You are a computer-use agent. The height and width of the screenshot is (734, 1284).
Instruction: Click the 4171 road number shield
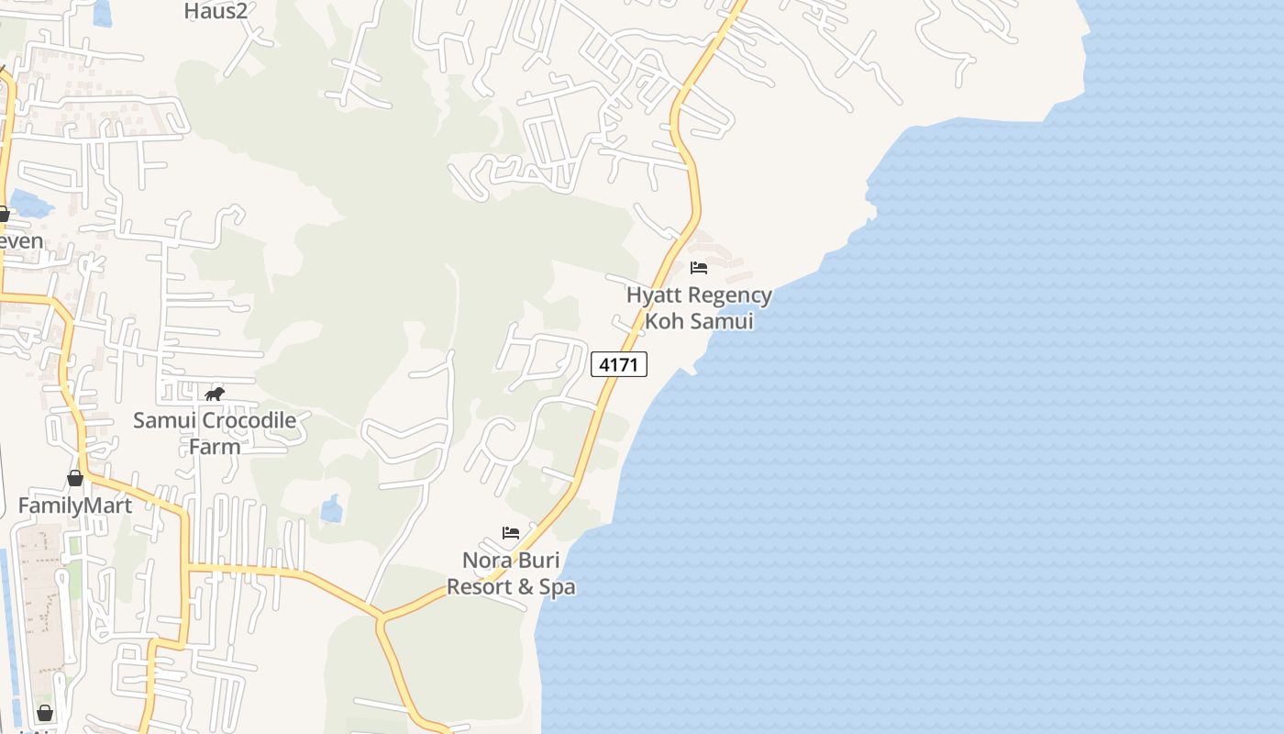pos(619,364)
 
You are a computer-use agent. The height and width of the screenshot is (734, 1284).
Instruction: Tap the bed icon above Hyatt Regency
pos(699,268)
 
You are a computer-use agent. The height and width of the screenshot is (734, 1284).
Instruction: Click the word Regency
pos(730,295)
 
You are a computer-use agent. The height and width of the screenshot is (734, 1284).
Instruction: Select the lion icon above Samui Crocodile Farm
pos(215,395)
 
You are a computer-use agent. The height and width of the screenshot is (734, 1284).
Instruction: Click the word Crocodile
pos(249,421)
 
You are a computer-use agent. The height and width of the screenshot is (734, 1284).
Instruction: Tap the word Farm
pos(215,447)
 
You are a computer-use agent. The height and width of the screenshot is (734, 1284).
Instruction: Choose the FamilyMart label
pos(75,506)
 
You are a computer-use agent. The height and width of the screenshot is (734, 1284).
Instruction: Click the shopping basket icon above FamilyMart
pos(75,478)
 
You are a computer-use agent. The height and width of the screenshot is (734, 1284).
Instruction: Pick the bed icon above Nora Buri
pos(511,533)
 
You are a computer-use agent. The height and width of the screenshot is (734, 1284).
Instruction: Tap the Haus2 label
pos(216,11)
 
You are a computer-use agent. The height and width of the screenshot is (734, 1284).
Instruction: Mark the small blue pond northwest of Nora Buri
pos(331,509)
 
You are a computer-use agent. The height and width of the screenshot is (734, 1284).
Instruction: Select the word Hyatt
pos(655,295)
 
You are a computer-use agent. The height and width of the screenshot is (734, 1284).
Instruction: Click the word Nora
pos(485,560)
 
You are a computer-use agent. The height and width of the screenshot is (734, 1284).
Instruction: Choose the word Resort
pos(475,586)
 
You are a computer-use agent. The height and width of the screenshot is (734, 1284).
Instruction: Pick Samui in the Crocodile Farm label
pos(164,421)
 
